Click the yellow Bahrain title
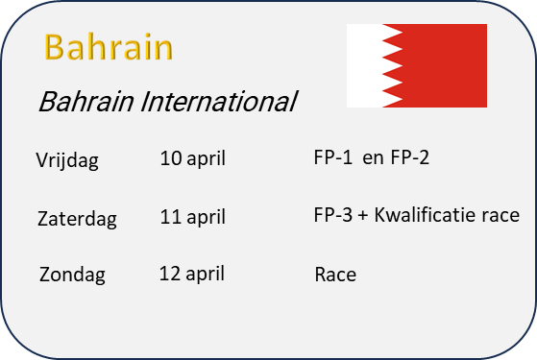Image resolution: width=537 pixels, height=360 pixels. (x=109, y=47)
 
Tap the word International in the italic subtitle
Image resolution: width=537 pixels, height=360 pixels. (x=219, y=102)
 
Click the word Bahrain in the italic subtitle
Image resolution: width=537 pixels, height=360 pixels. (x=85, y=102)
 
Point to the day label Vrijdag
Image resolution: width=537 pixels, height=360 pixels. (x=67, y=159)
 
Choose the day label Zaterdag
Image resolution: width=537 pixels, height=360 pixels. (x=77, y=219)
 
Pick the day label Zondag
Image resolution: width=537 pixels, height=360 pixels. (x=72, y=275)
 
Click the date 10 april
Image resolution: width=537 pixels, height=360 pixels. (x=193, y=158)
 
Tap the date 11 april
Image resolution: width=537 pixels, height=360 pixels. (x=193, y=217)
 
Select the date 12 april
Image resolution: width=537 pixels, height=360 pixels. (x=192, y=275)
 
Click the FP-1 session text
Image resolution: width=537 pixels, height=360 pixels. (x=333, y=157)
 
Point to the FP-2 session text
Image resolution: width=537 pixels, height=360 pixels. (x=409, y=157)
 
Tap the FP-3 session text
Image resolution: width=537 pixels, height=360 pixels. (x=333, y=215)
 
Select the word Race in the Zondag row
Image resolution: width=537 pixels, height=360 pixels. (x=335, y=275)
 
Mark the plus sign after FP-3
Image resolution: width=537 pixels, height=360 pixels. (x=363, y=216)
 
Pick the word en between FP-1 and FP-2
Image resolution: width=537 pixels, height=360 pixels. (x=373, y=158)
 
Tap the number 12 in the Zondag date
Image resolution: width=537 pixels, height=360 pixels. (x=170, y=274)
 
